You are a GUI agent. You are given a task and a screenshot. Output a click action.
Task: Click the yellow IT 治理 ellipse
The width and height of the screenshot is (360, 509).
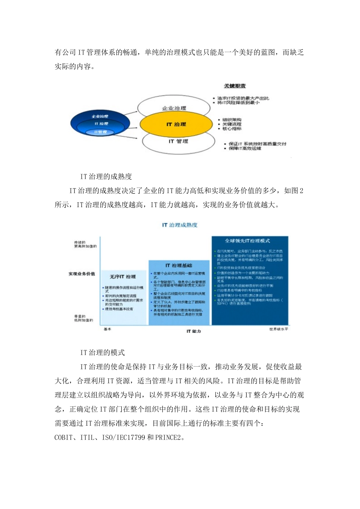pos(176,124)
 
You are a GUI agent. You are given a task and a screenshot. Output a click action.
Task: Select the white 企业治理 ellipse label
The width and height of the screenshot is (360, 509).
pos(174,108)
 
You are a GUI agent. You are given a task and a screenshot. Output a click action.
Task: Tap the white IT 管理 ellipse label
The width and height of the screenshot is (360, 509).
pos(178,141)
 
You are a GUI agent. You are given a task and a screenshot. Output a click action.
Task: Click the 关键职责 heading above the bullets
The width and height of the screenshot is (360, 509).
pos(235,86)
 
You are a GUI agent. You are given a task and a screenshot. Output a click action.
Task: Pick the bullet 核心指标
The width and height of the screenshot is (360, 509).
pos(232,129)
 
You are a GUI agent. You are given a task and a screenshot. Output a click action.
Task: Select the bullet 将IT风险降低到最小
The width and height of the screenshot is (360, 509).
pos(238,103)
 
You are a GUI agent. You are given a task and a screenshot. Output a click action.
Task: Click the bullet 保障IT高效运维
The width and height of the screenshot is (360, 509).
pos(245,148)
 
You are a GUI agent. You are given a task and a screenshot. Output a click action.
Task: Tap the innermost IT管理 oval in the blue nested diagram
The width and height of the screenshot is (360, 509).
pos(100,132)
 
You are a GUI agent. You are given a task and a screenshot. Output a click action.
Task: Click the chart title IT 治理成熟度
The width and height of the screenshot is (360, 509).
pos(180,225)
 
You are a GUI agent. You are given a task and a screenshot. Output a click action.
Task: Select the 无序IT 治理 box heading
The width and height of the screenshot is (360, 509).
pos(123,277)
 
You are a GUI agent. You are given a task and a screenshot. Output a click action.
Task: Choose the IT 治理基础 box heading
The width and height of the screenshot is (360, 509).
pos(179,265)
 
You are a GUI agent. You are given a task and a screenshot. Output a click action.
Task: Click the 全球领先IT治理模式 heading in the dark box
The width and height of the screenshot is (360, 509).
pos(247,241)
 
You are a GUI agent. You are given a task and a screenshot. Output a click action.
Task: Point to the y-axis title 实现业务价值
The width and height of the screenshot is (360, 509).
pos(82,274)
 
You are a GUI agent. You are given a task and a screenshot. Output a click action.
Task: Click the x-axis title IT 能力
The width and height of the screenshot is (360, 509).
pos(194,331)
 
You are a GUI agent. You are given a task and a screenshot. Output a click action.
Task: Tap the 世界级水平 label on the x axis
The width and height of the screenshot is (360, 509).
pos(279,329)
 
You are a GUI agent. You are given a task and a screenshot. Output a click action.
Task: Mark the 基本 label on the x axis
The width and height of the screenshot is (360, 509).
pos(108,329)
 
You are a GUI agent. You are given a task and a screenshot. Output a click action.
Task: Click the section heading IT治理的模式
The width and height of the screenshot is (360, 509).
pos(102,353)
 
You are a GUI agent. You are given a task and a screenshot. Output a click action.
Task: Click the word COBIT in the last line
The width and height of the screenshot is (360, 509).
pos(64,437)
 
